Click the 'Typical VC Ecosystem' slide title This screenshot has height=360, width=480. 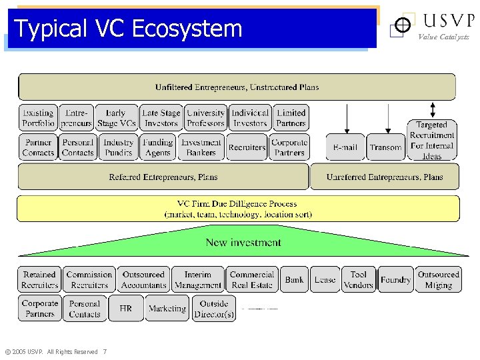pyautogui.click(x=128, y=29)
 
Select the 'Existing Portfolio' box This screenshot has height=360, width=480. pyautogui.click(x=38, y=118)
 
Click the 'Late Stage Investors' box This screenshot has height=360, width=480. pyautogui.click(x=161, y=118)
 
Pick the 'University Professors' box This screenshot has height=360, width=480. pyautogui.click(x=206, y=118)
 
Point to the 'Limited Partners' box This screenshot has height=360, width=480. pyautogui.click(x=291, y=118)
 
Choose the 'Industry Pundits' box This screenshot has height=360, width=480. pyautogui.click(x=119, y=147)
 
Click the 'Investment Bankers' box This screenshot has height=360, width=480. pyautogui.click(x=201, y=147)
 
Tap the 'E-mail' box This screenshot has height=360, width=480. pyautogui.click(x=345, y=147)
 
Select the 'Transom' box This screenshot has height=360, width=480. pyautogui.click(x=385, y=147)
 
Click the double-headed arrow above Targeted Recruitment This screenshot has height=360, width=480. pyautogui.click(x=433, y=110)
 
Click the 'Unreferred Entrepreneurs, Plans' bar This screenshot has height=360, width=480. pyautogui.click(x=385, y=177)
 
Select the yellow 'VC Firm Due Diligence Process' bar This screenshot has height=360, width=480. pyautogui.click(x=238, y=209)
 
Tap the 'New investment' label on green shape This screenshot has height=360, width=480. pyautogui.click(x=243, y=243)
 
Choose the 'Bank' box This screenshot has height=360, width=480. pyautogui.click(x=294, y=280)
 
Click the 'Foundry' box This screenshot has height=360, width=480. pyautogui.click(x=395, y=280)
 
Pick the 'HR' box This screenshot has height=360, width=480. pyautogui.click(x=126, y=309)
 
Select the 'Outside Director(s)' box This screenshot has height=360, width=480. pyautogui.click(x=214, y=309)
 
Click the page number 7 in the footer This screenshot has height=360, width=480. pyautogui.click(x=105, y=352)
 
